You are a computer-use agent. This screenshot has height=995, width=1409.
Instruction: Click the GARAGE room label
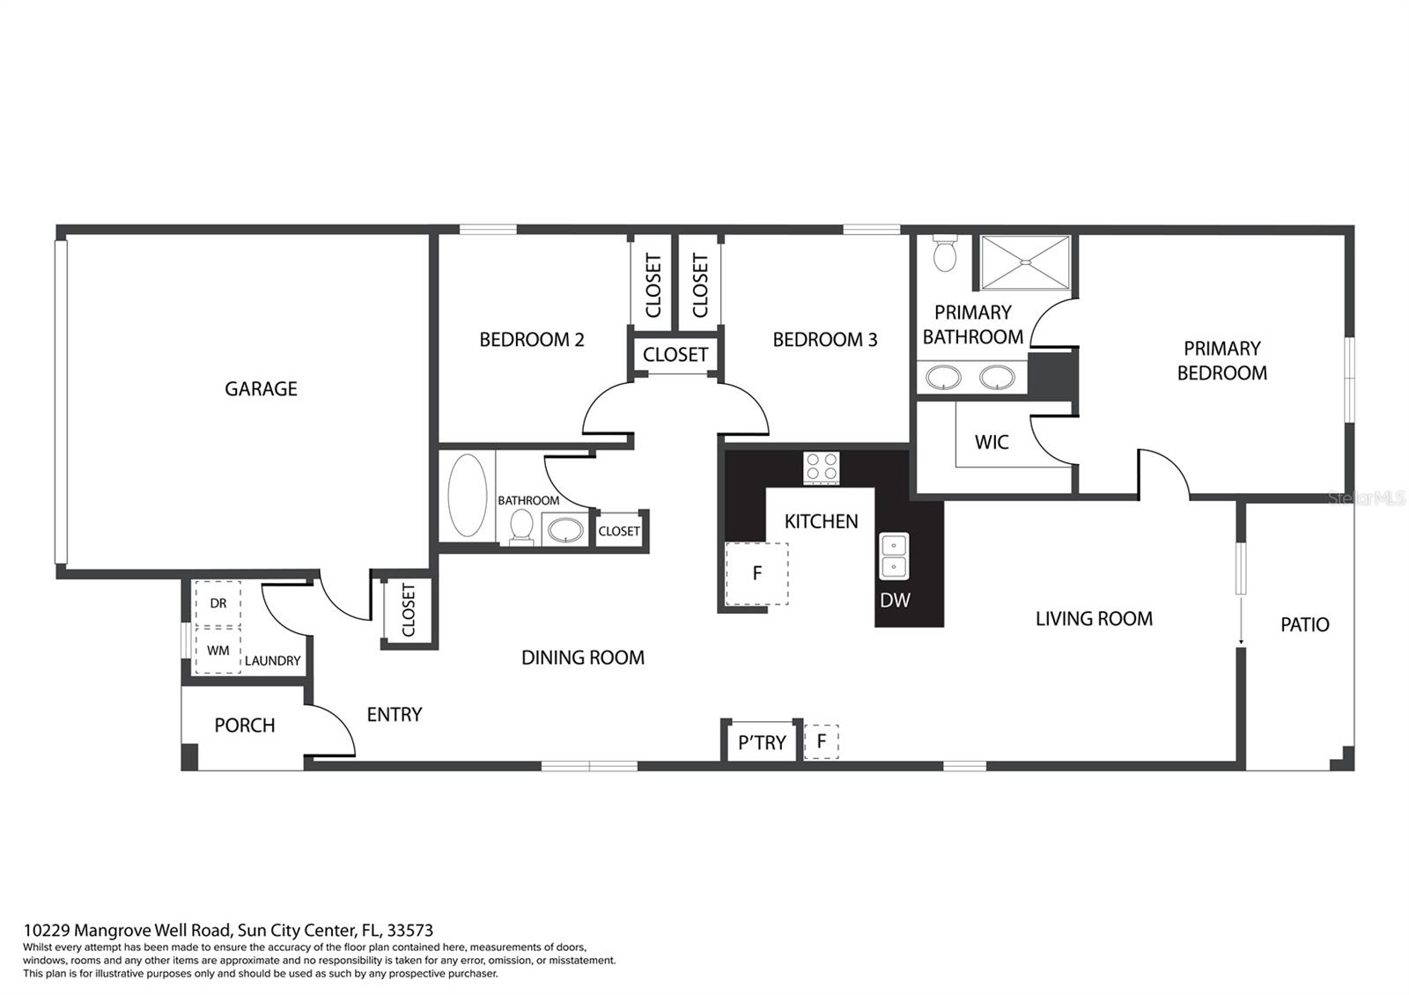tap(261, 388)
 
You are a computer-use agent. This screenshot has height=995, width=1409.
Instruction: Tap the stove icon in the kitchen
tap(822, 468)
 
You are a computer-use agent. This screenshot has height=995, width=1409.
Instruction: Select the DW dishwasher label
tap(895, 600)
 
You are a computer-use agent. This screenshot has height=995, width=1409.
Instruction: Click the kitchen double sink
tap(893, 556)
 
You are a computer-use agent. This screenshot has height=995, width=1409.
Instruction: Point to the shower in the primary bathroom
tap(1025, 262)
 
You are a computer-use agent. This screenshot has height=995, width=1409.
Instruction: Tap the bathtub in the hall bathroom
tap(467, 495)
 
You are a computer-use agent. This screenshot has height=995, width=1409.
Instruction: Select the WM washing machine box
tap(218, 651)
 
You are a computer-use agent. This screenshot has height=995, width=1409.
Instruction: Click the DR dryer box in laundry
tap(218, 603)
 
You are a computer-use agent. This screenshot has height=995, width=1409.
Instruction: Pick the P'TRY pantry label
tap(762, 743)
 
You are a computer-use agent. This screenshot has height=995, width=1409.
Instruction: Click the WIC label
tap(992, 442)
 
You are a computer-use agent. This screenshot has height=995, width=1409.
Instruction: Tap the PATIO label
tap(1304, 624)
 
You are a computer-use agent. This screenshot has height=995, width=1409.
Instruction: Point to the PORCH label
tap(245, 726)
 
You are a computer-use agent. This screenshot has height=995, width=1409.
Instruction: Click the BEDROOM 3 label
tap(824, 340)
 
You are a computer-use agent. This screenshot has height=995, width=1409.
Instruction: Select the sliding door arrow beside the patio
tap(1241, 619)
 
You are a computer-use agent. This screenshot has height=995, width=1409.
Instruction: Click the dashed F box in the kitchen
tap(756, 573)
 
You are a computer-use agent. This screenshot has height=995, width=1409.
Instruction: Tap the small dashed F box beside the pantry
tap(821, 741)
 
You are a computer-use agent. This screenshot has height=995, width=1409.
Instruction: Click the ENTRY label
tap(395, 714)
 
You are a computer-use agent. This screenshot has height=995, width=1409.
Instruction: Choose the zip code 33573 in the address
tap(410, 930)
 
